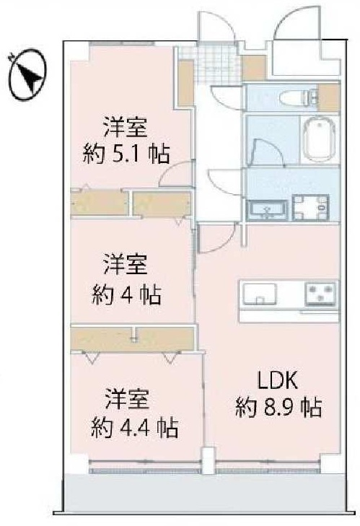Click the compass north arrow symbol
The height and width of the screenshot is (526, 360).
(27, 74)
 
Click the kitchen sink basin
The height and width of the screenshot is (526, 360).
(260, 294)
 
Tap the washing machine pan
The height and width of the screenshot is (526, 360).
(310, 207)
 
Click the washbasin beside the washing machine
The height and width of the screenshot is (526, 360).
(267, 210)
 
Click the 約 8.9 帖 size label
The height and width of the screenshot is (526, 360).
(278, 407)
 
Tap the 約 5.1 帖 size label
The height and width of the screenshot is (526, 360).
(126, 154)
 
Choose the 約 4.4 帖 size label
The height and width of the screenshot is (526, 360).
(134, 427)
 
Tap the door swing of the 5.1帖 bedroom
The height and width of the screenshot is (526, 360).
(175, 173)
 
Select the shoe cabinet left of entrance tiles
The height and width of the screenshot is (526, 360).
(186, 82)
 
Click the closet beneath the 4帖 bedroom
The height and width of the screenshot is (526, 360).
(133, 339)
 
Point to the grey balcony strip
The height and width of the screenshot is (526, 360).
(203, 492)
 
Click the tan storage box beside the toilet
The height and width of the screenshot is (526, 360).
(330, 97)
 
